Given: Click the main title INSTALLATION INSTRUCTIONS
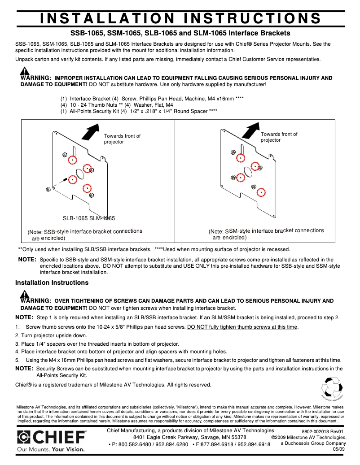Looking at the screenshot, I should [x=180, y=18].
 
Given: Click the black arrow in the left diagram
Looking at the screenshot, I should [x=91, y=132].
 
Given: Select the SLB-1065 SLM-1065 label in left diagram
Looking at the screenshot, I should [x=88, y=218].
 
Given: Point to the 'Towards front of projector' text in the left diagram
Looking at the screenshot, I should [x=122, y=139].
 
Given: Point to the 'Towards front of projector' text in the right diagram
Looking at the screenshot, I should [x=279, y=137].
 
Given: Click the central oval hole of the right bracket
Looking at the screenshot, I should [x=248, y=171].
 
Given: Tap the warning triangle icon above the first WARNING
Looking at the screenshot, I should [x=25, y=71].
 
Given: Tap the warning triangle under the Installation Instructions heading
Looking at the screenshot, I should [x=25, y=294].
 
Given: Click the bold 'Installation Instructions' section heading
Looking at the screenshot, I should [x=52, y=283].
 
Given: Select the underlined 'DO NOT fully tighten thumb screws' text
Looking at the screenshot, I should [x=242, y=327].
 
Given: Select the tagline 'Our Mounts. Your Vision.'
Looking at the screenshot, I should [x=50, y=449].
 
